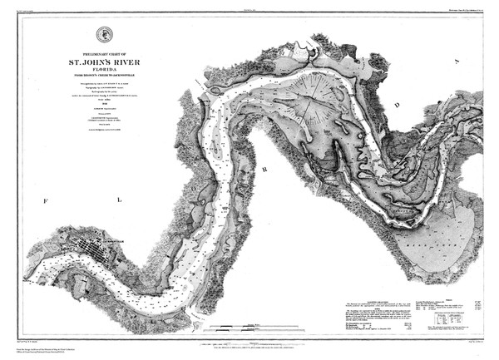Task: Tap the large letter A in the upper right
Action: [x=457, y=61]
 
